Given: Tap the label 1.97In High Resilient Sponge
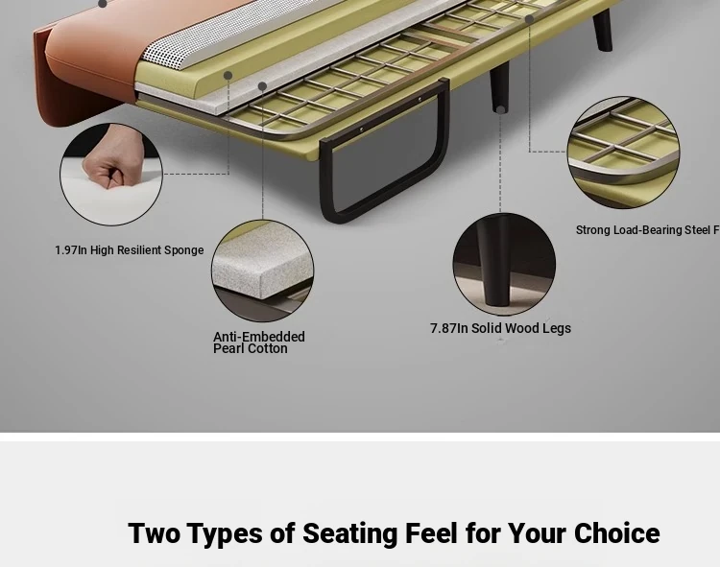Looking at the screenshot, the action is click(x=130, y=250).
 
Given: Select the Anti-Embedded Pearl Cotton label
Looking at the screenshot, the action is click(x=258, y=343).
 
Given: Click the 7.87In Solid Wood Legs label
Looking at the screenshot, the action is click(x=500, y=328).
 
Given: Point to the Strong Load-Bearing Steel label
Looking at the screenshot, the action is click(x=647, y=230).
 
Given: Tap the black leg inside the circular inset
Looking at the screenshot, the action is click(x=493, y=262).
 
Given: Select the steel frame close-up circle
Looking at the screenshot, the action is click(x=624, y=153).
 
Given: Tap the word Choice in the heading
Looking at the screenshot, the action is click(x=616, y=533).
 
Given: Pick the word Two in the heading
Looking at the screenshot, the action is click(x=154, y=533).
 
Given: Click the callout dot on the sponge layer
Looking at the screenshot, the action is click(x=228, y=75).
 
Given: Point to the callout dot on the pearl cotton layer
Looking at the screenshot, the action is click(x=262, y=86).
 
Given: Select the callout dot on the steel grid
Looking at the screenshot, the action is click(x=529, y=19).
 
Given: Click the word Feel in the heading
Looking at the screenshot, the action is click(x=431, y=533).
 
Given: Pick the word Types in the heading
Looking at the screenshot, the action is click(x=225, y=534).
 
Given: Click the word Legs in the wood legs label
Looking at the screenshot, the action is click(x=557, y=328).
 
